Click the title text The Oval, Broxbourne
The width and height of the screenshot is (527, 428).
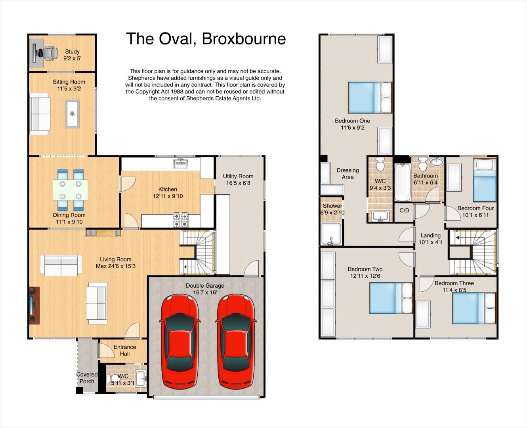click(206, 39)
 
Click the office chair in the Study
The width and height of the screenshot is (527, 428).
click(49, 53)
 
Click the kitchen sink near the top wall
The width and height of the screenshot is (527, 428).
click(181, 163)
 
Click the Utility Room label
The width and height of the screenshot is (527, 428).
click(238, 176)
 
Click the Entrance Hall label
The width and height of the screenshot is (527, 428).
click(125, 350)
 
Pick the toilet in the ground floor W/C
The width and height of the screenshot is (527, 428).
click(114, 378)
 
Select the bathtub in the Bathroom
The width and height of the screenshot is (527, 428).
click(403, 182)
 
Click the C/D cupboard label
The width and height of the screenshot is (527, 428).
click(404, 210)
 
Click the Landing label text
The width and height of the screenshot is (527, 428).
click(430, 235)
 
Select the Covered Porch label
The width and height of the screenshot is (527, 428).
click(87, 378)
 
